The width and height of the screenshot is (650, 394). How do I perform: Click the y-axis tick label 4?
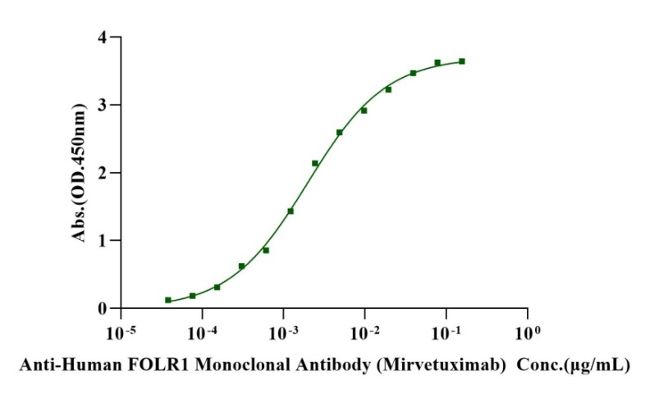[102, 38]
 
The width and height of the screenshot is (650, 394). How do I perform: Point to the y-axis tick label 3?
[102, 106]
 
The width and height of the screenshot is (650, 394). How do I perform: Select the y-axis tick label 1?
[102, 241]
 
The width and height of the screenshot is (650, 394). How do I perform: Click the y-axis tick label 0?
[102, 309]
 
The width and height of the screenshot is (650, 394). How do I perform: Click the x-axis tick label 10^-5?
[120, 333]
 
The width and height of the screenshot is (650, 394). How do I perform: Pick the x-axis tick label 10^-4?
[201, 333]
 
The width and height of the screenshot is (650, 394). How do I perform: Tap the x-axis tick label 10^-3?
[282, 333]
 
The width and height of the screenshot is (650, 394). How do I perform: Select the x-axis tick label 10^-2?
[364, 333]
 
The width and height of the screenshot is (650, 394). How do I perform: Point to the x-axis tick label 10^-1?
[445, 333]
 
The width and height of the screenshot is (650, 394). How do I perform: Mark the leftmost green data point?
[168, 301]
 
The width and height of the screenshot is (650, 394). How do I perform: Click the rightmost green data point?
[462, 61]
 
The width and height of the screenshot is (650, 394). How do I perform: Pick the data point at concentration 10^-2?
[364, 111]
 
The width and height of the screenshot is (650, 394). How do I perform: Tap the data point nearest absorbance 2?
[315, 164]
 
